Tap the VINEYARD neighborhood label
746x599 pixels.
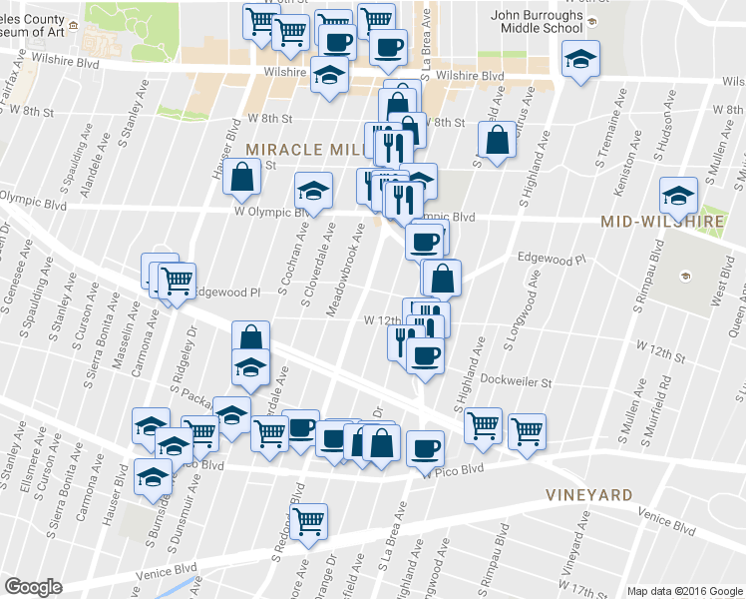[588, 495]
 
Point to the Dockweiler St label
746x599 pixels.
[515, 379]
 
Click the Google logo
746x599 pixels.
[33, 587]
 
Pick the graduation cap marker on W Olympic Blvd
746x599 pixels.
[314, 189]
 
